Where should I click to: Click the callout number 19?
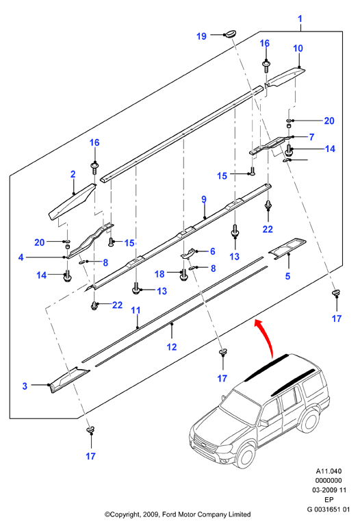[201, 36]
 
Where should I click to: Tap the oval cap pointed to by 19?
[231, 34]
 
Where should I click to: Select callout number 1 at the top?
[300, 19]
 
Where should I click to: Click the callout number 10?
[298, 49]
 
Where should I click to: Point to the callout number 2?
[73, 174]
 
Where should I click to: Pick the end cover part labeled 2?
[72, 202]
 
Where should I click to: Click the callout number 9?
[204, 199]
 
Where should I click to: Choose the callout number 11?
[136, 310]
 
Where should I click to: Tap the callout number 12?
[172, 347]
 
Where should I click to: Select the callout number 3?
[25, 386]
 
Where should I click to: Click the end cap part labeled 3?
[69, 379]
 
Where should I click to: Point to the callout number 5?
[287, 276]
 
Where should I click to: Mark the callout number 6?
[213, 251]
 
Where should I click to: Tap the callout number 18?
[159, 274]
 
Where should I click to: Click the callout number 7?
[311, 137]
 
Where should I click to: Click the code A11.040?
[329, 471]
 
